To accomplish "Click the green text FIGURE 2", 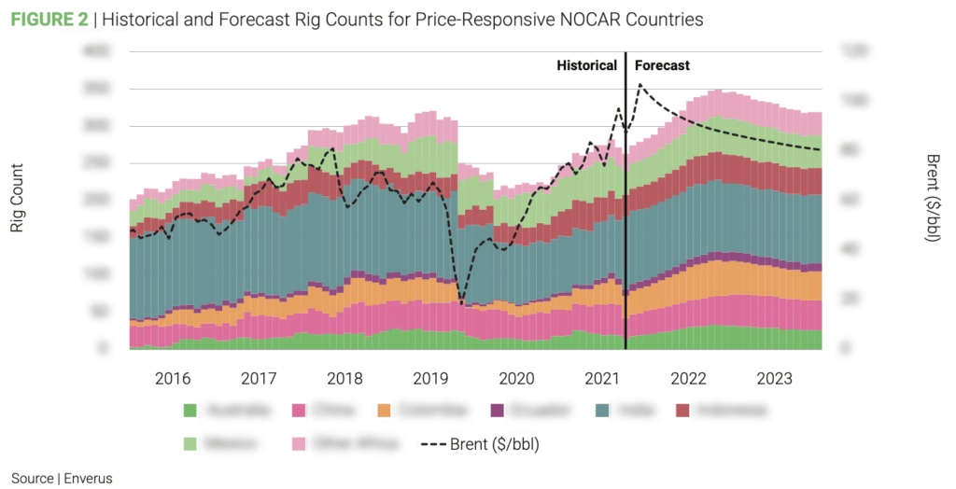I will (x=49, y=19).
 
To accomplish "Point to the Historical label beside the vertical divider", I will (x=586, y=66).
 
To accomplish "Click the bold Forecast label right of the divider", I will (x=662, y=66).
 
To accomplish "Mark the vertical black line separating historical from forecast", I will (x=625, y=205).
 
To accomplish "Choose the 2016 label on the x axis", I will (x=173, y=379).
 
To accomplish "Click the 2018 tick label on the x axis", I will (x=344, y=379).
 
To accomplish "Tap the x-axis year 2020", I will (x=516, y=379).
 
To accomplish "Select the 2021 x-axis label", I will (x=602, y=379).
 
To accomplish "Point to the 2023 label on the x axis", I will (x=775, y=379).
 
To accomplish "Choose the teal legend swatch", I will (x=602, y=410).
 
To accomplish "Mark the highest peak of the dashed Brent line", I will (x=640, y=85).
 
